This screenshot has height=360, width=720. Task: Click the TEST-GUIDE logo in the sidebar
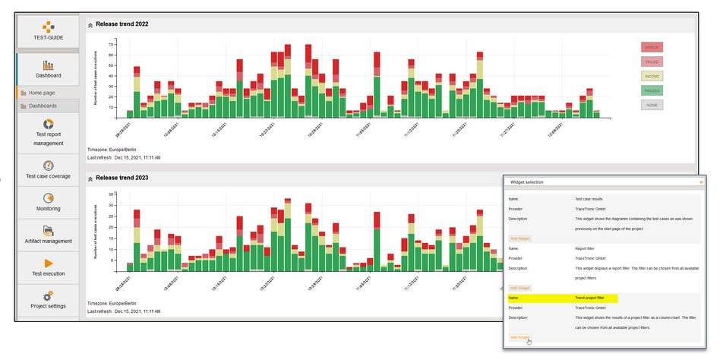pos(48,30)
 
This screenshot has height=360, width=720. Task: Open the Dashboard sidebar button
pos(48,69)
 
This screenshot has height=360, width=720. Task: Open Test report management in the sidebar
pos(49,132)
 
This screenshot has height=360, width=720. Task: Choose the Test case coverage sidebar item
pos(49,169)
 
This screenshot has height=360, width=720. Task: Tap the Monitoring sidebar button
pos(49,201)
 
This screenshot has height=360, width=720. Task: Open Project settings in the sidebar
pos(49,299)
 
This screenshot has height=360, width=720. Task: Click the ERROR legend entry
pos(652,47)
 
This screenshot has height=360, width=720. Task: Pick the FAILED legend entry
pos(652,62)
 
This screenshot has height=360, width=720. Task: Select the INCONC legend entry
pos(652,76)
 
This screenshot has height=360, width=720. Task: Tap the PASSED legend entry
pos(652,90)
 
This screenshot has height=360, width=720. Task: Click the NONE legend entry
pos(652,105)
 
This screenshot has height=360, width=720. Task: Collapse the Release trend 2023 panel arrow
pos(90,178)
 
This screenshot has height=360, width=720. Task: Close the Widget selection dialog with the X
pos(701,182)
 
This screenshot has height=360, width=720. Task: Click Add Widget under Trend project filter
pos(519,337)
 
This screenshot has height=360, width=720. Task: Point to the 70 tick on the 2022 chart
pos(111,44)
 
